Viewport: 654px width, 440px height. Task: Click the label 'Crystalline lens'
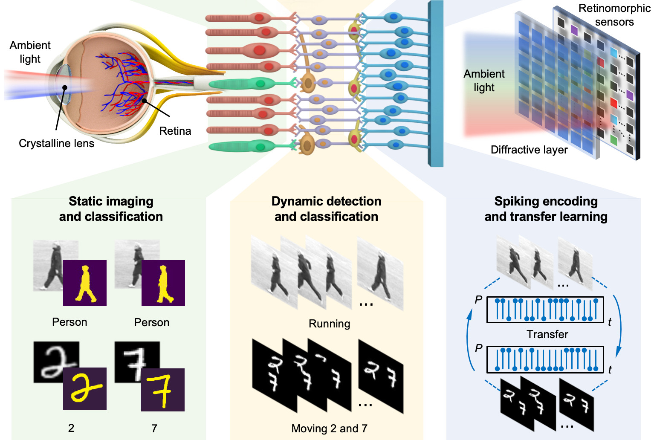(56, 143)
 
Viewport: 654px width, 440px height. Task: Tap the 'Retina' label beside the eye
(175, 131)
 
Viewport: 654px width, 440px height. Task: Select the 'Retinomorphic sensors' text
(614, 15)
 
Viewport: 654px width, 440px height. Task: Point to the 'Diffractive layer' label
(529, 150)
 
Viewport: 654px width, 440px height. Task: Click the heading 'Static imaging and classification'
(111, 209)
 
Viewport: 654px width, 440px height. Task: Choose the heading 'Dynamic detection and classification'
(326, 209)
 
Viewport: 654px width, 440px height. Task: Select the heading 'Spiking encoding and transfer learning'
(546, 209)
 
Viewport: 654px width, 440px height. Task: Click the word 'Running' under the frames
(329, 324)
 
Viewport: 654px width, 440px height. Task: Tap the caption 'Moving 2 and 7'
(329, 428)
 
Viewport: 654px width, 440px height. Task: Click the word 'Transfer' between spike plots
(547, 334)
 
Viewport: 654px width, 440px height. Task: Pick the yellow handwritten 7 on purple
(162, 390)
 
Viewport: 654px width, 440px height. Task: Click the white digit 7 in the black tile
(136, 362)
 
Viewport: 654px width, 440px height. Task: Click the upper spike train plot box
(545, 310)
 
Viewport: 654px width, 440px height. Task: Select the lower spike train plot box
(545, 359)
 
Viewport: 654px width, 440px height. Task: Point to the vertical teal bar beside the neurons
(436, 83)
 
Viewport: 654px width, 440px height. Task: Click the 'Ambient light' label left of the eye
(30, 52)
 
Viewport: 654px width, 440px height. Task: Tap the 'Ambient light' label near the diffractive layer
(484, 81)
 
